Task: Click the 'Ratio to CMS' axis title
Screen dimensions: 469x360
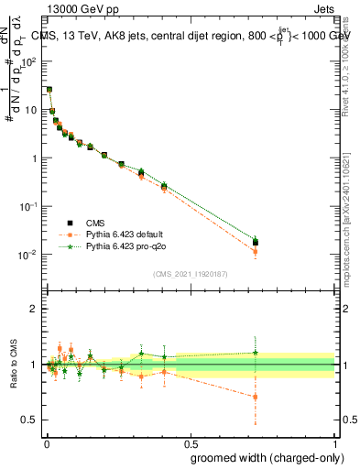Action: tap(12, 365)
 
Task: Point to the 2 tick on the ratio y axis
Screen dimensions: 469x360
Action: tap(34, 309)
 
